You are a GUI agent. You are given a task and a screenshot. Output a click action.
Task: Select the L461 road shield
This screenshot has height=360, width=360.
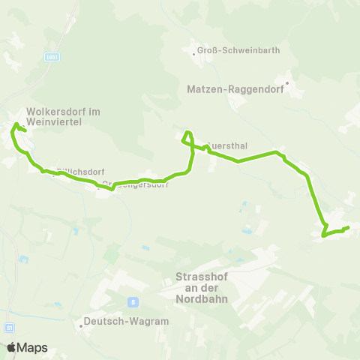pyautogui.click(x=52, y=57)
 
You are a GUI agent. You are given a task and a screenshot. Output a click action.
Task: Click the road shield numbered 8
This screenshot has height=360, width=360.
pyautogui.click(x=133, y=302)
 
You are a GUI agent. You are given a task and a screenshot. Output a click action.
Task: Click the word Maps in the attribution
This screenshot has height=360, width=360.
pyautogui.click(x=32, y=347)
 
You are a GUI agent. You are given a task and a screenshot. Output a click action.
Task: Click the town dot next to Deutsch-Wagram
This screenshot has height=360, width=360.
pyautogui.click(x=80, y=326)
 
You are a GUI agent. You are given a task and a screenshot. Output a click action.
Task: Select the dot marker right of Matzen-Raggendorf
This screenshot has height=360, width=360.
pyautogui.click(x=287, y=82)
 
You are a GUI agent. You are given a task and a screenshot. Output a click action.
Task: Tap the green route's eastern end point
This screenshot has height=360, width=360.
pyautogui.click(x=348, y=227)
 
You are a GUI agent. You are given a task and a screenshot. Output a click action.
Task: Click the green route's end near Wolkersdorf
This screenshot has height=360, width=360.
pyautogui.click(x=25, y=130)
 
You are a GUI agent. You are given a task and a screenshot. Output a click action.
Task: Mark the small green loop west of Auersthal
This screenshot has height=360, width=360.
pyautogui.click(x=187, y=136)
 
